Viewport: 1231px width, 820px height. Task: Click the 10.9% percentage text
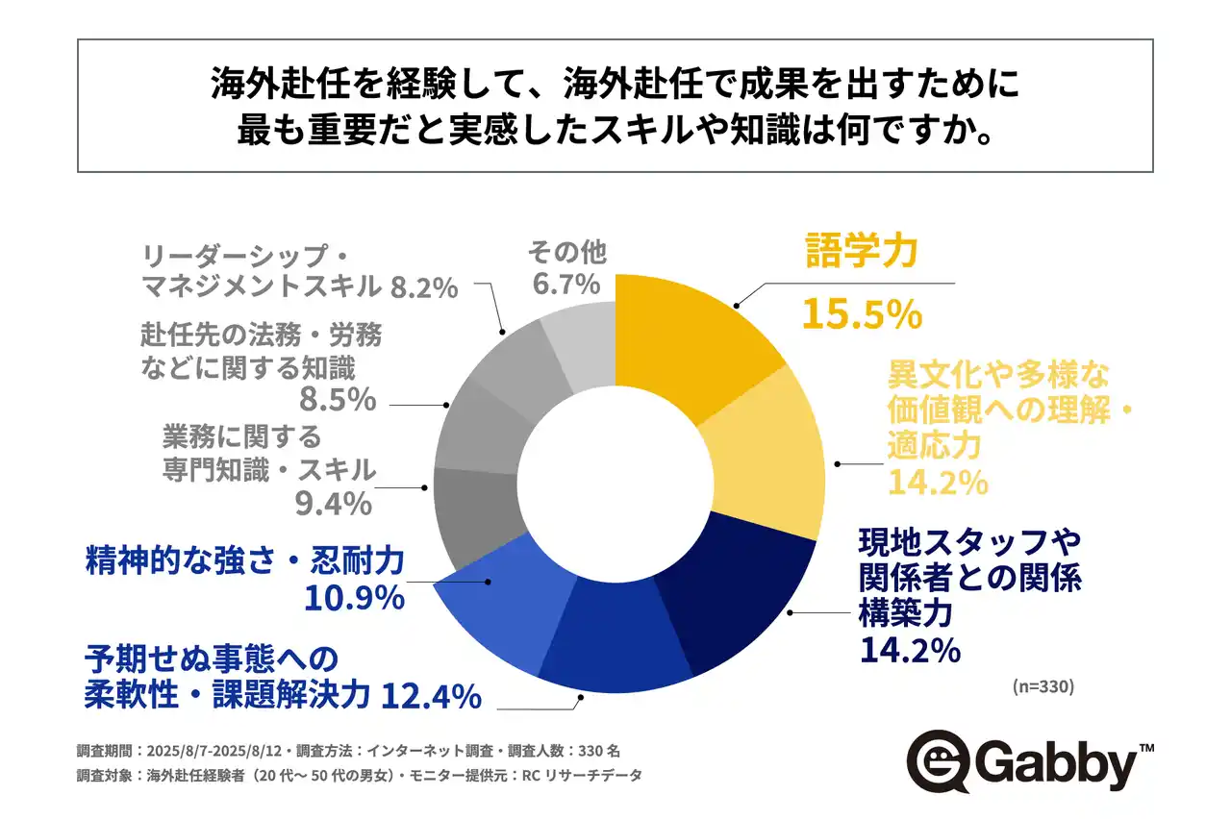pos(353,598)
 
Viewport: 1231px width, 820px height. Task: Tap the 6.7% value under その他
pos(567,285)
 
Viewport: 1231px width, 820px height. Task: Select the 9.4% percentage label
pos(333,502)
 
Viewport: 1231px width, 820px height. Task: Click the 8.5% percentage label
pos(337,398)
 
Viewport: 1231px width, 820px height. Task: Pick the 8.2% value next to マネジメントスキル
pos(424,286)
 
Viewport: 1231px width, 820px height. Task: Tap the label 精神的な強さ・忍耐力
pos(244,560)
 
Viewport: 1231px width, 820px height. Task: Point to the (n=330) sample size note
pos(1043,686)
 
